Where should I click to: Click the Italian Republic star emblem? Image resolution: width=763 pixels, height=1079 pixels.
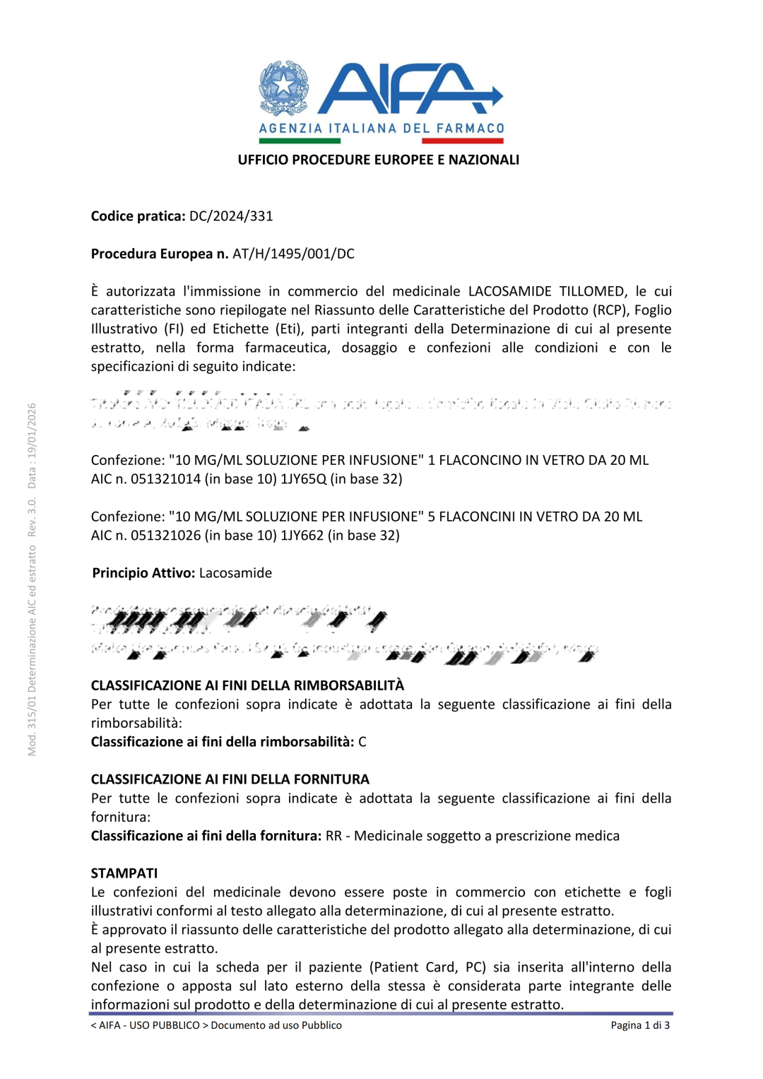pos(283,88)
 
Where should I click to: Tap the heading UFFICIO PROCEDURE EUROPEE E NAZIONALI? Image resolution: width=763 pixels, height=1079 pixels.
pos(378,160)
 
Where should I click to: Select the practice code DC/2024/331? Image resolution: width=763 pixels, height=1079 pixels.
pos(231,216)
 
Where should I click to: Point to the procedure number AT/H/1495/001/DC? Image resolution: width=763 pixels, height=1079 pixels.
pos(293,254)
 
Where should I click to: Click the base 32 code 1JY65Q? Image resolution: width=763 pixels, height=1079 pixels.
pos(304,479)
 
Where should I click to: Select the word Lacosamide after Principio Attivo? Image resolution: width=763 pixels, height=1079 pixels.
pos(235,573)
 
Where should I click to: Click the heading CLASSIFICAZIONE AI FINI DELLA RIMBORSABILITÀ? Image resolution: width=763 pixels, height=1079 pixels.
pos(247,685)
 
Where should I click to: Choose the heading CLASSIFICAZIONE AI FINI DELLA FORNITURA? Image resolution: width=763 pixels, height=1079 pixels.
pos(230,779)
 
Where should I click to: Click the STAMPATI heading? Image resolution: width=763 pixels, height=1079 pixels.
pos(124,873)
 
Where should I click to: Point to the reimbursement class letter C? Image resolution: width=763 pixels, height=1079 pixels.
pos(362,742)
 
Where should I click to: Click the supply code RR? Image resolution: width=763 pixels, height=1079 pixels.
pos(333,836)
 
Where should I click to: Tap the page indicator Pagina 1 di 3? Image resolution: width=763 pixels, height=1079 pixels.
pos(640,1025)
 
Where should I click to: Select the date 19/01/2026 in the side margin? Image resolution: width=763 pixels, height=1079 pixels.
pos(32,436)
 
